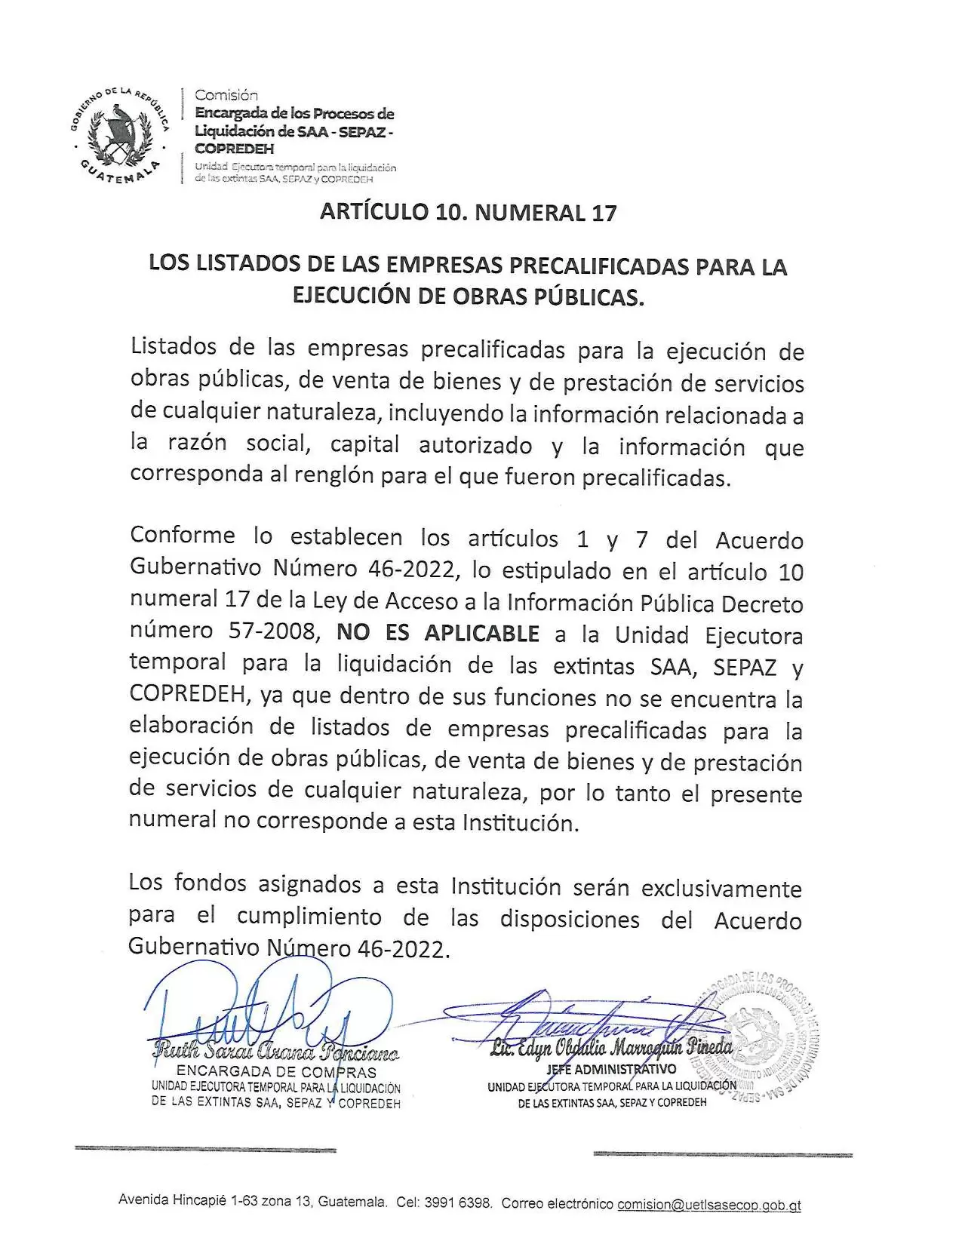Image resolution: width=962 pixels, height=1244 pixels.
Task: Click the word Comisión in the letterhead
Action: click(226, 95)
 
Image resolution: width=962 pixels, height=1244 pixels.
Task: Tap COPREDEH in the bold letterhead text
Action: click(234, 149)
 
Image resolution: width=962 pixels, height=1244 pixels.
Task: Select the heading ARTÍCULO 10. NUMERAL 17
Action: click(468, 212)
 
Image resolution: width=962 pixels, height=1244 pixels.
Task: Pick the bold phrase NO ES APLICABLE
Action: click(438, 633)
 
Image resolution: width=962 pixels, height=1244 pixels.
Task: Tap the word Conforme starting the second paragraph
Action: click(182, 536)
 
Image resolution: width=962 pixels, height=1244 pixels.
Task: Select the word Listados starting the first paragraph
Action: click(174, 347)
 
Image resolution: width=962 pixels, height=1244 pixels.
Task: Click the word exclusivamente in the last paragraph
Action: click(721, 888)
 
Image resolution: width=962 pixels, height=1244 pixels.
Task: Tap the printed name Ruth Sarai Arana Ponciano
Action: click(275, 1051)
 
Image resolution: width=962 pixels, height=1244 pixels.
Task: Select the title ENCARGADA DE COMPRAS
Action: click(275, 1071)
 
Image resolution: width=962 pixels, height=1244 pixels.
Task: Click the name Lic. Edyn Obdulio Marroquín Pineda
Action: click(611, 1048)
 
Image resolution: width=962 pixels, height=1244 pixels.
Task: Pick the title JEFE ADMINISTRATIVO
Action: click(611, 1069)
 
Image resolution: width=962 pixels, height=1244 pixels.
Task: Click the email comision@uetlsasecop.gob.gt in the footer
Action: click(708, 1205)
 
